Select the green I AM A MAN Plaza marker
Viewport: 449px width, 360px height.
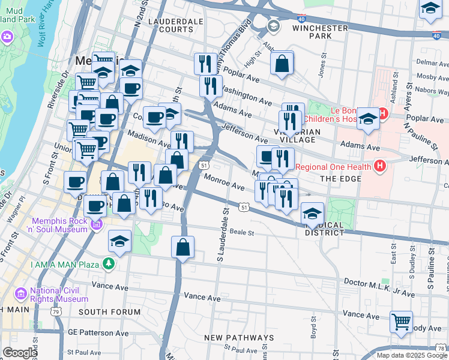108,263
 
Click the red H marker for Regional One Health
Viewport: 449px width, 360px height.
379,164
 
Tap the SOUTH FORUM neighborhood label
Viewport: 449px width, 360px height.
109,312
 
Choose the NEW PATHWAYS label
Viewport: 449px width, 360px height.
239,338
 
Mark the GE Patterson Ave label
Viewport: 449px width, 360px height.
98,332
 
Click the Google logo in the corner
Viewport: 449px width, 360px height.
19,352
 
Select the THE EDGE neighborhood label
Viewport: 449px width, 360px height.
340,179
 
